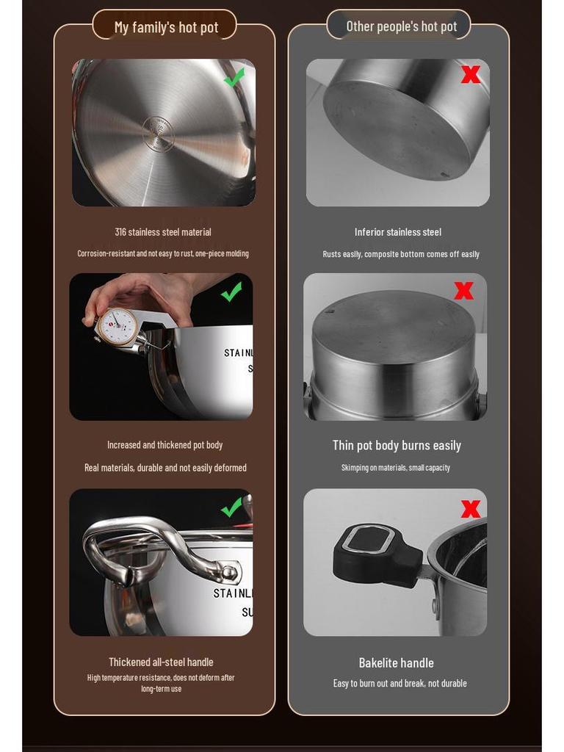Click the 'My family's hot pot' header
click(x=166, y=28)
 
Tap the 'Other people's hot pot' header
click(x=401, y=26)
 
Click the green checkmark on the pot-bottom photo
click(x=234, y=78)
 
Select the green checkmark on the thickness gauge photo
click(x=231, y=292)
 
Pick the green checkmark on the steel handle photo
click(x=231, y=507)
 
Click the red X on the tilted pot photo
click(x=470, y=74)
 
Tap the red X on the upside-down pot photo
click(x=463, y=291)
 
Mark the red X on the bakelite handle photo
click(x=470, y=509)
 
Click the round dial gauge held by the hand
click(x=117, y=325)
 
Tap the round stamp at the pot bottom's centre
click(x=158, y=134)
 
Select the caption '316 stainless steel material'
click(x=163, y=232)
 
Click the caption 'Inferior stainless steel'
click(x=398, y=232)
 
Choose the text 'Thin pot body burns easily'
click(x=397, y=446)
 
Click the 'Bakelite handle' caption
click(x=396, y=663)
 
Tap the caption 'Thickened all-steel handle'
click(x=161, y=662)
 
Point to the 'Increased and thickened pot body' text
click(x=164, y=445)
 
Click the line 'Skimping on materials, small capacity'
click(x=395, y=468)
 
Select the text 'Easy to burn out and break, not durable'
click(x=399, y=684)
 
